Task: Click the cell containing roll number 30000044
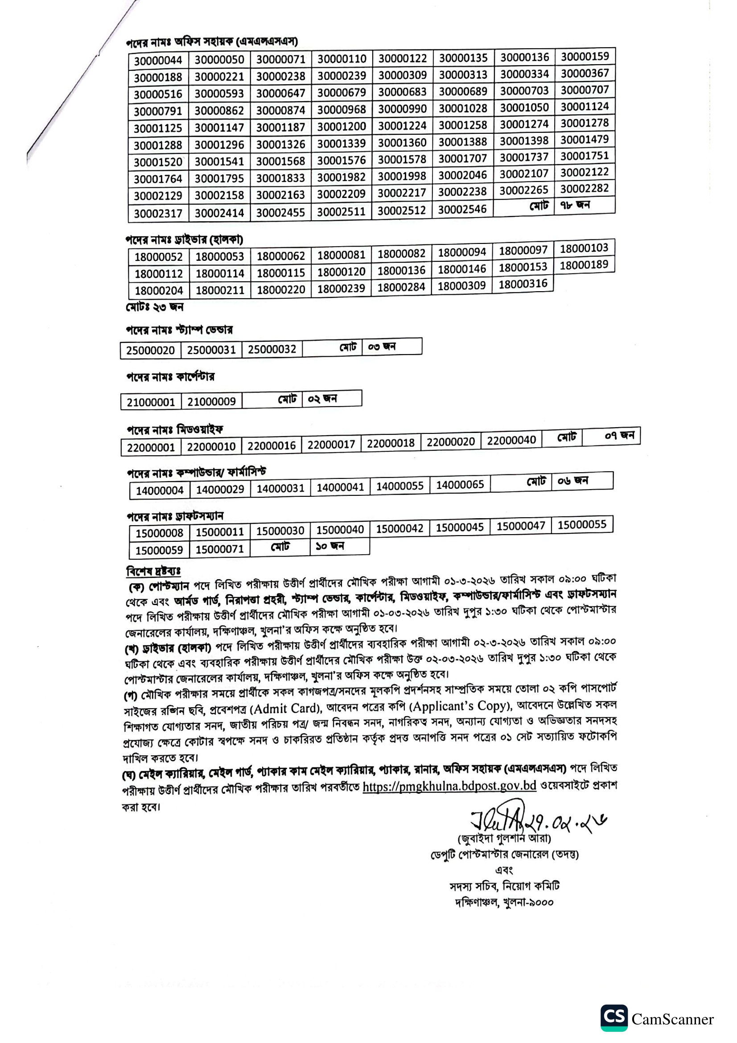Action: coord(157,60)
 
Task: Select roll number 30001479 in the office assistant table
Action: coord(584,140)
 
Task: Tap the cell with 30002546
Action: coord(462,210)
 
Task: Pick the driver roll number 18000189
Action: coord(584,265)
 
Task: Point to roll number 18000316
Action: coord(523,284)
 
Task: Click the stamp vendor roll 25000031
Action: coord(211,350)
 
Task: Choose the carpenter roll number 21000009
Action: coord(211,402)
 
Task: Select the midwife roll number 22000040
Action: coord(511,440)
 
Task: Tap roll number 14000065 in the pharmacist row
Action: coord(460,485)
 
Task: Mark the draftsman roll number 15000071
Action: coord(219,549)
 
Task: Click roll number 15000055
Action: coord(582,525)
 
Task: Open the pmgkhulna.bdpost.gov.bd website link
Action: coord(449,785)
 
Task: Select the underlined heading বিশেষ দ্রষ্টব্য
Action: coord(153,571)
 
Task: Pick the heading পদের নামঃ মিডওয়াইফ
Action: coord(175,429)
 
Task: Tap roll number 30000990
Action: coord(402,109)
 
